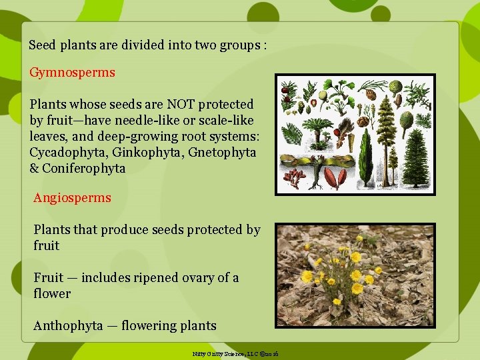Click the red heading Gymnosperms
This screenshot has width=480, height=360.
[x=72, y=72]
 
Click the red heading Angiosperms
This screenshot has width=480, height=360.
[x=73, y=197]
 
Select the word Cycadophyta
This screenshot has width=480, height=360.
[x=67, y=152]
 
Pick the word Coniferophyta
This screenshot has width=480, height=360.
[x=83, y=168]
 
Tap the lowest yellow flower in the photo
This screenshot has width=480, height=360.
[x=337, y=302]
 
